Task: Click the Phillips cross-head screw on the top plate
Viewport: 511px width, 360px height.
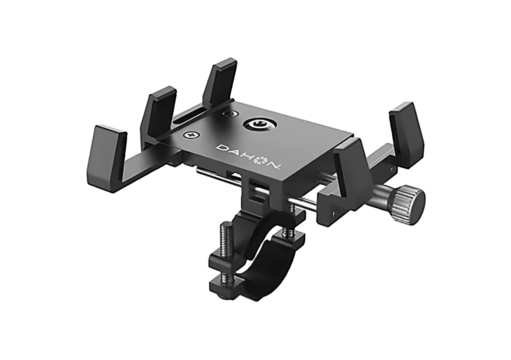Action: coord(192,135)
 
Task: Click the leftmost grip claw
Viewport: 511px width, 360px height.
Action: coord(107,158)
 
